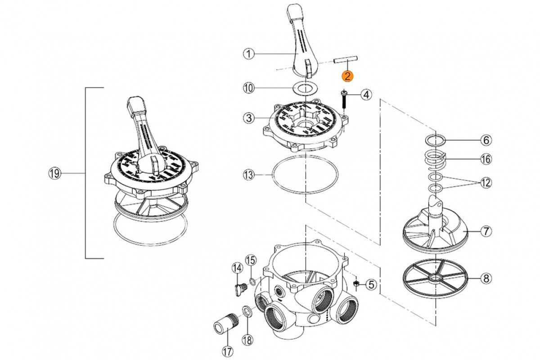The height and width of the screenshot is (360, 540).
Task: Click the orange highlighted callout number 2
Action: (347, 76)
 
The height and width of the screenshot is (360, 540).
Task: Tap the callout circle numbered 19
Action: (55, 173)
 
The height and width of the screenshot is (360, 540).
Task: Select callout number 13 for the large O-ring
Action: (248, 175)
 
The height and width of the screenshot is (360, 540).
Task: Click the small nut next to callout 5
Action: (355, 283)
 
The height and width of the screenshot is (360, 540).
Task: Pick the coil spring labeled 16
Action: (436, 159)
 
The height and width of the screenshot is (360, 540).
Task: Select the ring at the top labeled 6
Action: (436, 140)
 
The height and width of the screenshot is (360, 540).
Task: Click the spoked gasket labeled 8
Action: (435, 278)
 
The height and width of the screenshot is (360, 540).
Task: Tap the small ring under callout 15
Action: (252, 281)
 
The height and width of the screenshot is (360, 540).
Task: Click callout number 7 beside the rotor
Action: (486, 231)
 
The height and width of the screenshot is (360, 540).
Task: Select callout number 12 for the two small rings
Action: (486, 183)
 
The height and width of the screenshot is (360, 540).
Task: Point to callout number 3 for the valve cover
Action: (248, 118)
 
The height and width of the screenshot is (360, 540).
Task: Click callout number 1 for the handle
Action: (248, 53)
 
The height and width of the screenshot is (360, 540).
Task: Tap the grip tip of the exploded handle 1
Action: (295, 11)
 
